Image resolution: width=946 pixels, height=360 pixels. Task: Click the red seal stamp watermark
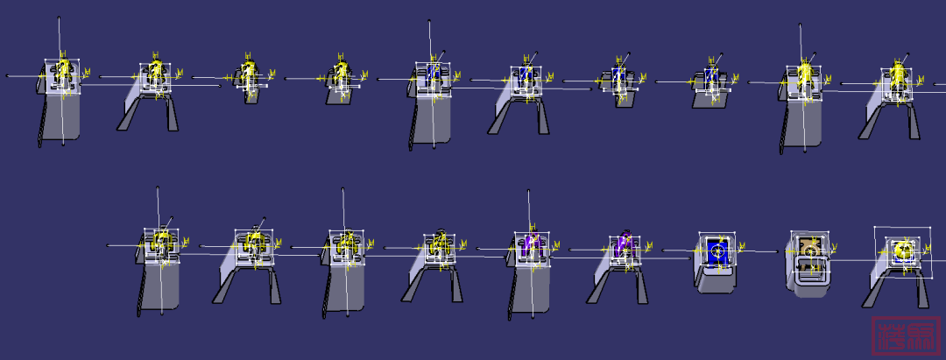(900, 337)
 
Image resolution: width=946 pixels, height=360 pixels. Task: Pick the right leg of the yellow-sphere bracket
(919, 288)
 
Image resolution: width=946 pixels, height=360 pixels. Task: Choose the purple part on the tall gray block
(532, 246)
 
